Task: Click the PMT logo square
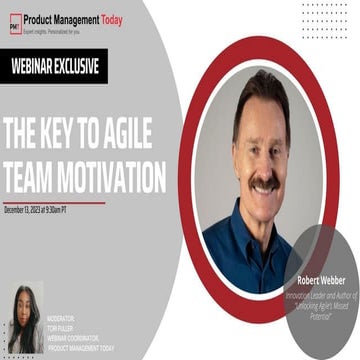click(15, 24)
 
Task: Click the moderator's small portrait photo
click(24, 320)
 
